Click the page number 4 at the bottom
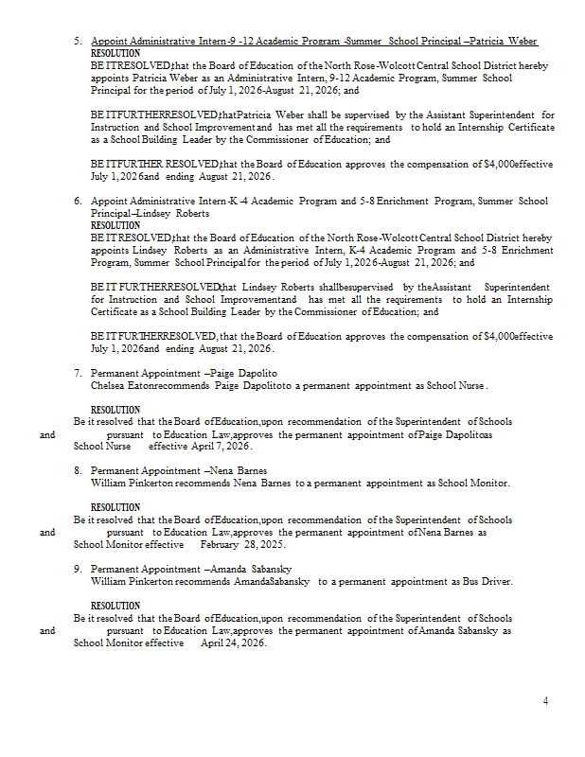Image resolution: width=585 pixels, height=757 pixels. (545, 701)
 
